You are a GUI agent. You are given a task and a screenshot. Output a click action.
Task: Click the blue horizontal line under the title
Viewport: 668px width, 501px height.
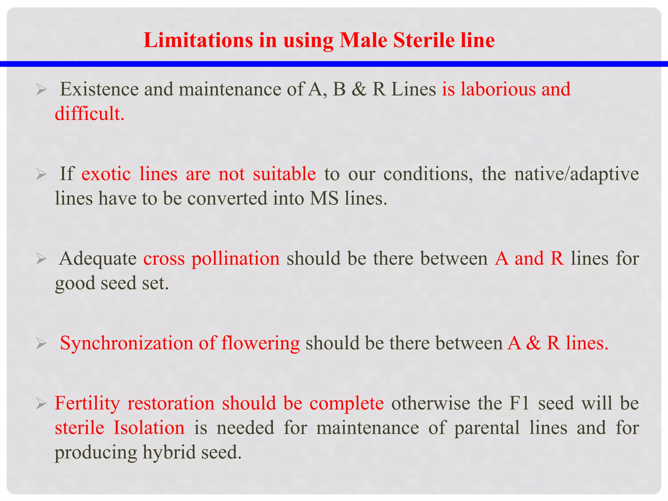tap(334, 64)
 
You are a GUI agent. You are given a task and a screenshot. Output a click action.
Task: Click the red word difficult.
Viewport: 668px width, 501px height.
tap(89, 114)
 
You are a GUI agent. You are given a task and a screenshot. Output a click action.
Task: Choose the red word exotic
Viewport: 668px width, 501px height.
tap(106, 174)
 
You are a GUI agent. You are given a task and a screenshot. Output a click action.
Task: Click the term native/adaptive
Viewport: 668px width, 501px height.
tap(576, 174)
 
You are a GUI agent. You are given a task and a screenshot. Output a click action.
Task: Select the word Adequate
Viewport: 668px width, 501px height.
tap(98, 258)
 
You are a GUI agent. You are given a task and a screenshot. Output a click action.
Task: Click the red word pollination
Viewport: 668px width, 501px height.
tap(235, 258)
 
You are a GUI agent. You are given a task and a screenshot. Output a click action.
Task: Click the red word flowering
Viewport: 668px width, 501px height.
tap(260, 343)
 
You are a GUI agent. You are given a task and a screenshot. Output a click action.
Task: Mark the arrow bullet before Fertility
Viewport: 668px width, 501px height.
tap(41, 404)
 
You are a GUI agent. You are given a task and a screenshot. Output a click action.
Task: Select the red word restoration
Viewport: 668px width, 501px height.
tap(171, 403)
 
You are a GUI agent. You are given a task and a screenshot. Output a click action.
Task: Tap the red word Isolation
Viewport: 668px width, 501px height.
tap(149, 428)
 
